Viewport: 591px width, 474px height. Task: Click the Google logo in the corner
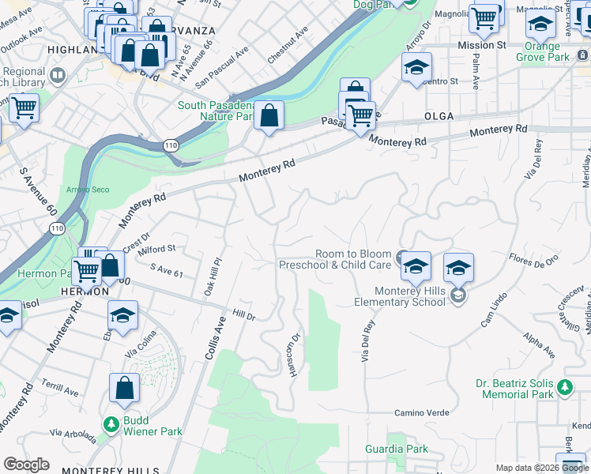click(26, 465)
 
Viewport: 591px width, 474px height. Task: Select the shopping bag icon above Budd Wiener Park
click(125, 389)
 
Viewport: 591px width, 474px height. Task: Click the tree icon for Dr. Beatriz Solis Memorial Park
click(564, 387)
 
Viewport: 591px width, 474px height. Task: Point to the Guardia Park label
click(397, 450)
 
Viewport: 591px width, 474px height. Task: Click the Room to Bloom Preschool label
click(336, 259)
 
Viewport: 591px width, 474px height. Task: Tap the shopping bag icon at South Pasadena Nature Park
click(269, 115)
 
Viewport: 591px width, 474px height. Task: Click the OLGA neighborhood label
click(439, 116)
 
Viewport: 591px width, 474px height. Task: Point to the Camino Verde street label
click(422, 413)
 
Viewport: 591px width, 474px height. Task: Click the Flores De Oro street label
click(533, 258)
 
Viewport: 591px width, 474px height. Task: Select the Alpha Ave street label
click(538, 348)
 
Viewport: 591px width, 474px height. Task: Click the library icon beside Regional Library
click(57, 76)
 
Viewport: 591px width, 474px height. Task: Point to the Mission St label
click(482, 46)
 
